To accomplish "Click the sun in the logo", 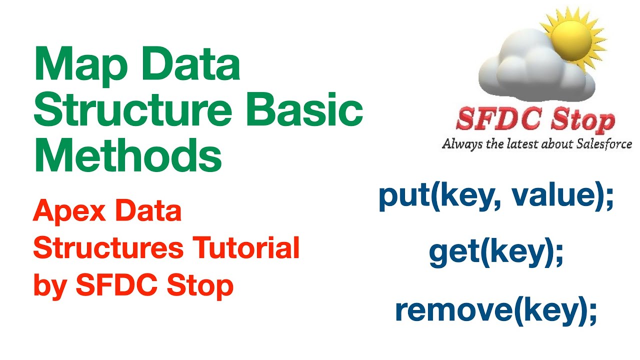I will pyautogui.click(x=575, y=32).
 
